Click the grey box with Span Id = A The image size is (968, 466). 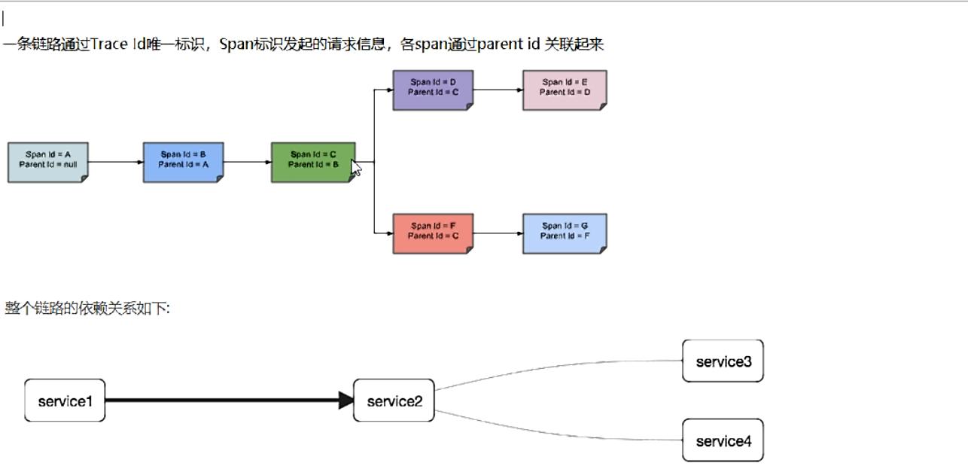[48, 162]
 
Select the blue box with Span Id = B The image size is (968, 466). [183, 162]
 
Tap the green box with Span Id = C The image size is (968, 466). [313, 162]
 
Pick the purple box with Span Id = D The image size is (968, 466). [433, 90]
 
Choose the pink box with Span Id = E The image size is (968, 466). [565, 90]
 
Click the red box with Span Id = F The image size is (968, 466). [433, 233]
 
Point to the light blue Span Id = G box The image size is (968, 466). [565, 233]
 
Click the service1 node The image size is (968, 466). [65, 401]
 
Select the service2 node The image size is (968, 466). [394, 401]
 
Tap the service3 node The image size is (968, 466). [723, 361]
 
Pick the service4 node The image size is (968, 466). [723, 440]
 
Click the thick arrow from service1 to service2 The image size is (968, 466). [230, 401]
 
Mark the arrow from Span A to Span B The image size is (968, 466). [116, 162]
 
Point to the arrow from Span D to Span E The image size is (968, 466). [498, 90]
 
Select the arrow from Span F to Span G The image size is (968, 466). [498, 233]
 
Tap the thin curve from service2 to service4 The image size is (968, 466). [558, 433]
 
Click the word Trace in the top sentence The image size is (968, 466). [109, 44]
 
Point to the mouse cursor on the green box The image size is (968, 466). [355, 168]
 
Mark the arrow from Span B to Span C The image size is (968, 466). [248, 162]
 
